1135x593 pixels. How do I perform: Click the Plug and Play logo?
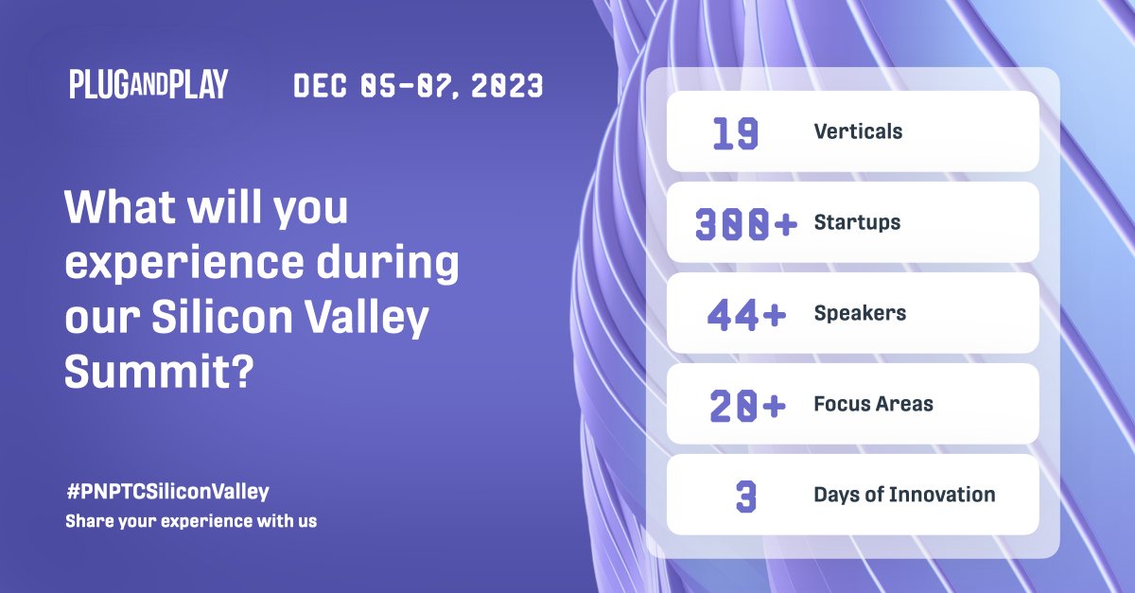pyautogui.click(x=148, y=85)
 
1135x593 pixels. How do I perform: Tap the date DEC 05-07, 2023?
pyautogui.click(x=418, y=87)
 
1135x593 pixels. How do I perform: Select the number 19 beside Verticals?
pyautogui.click(x=735, y=132)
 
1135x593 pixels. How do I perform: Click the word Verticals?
pyautogui.click(x=858, y=131)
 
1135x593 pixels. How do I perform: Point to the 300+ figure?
pyautogui.click(x=746, y=224)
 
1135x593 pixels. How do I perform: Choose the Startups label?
pyautogui.click(x=857, y=222)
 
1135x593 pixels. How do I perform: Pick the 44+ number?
pyautogui.click(x=746, y=314)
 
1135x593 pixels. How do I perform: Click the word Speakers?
pyautogui.click(x=860, y=313)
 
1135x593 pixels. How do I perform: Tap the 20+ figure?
pyautogui.click(x=747, y=405)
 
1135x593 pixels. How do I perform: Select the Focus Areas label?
pyautogui.click(x=873, y=404)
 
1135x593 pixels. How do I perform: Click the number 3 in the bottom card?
pyautogui.click(x=746, y=496)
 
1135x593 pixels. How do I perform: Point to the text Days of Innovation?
pyautogui.click(x=904, y=495)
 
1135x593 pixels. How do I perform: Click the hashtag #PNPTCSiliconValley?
pyautogui.click(x=167, y=492)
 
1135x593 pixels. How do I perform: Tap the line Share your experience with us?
pyautogui.click(x=191, y=521)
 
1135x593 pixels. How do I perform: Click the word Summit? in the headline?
pyautogui.click(x=158, y=374)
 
